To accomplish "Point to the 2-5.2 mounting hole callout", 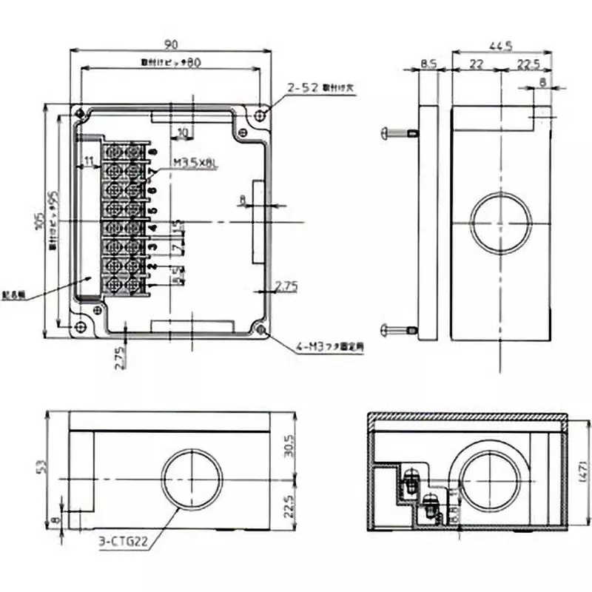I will pos(304,88).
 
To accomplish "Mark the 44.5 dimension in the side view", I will pos(505,45).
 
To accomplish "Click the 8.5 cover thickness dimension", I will pos(428,65).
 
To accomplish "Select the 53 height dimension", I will pos(42,466).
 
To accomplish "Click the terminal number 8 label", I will pos(153,152).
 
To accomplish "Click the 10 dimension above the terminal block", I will pos(183,132).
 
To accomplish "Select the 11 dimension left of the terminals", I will pos(89,161).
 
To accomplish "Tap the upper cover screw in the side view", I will pos(397,132).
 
